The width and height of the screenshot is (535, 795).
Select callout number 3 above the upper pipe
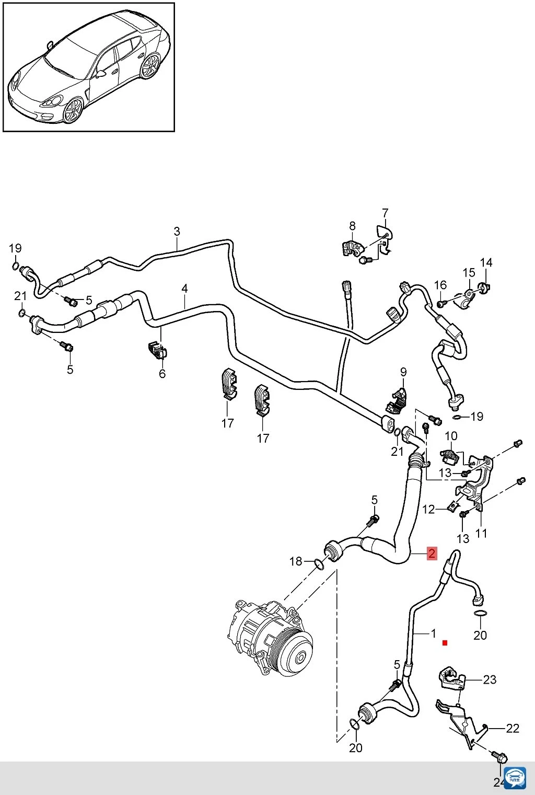177,232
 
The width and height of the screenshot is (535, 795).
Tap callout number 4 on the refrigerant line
184,289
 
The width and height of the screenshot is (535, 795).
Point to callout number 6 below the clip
162,373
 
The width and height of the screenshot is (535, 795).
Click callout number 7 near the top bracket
385,213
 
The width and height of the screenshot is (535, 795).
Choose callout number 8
352,226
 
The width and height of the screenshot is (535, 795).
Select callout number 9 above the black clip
403,372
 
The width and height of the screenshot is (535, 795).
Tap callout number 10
451,436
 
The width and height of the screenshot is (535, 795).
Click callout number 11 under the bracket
481,533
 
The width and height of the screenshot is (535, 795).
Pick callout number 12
428,510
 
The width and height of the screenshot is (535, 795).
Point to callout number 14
486,262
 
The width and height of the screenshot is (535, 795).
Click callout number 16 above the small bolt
440,285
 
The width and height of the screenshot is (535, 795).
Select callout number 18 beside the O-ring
296,561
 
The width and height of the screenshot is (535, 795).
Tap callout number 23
490,680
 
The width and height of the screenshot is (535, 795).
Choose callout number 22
513,729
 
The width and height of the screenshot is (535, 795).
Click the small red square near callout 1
445,643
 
